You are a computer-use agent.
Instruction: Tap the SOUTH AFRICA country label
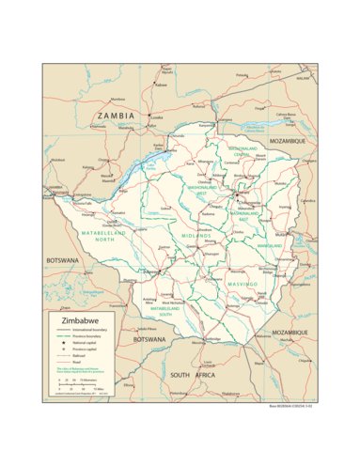tap(193, 375)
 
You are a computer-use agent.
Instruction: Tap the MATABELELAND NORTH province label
tap(102, 236)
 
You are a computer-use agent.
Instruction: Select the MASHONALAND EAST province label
tap(251, 215)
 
